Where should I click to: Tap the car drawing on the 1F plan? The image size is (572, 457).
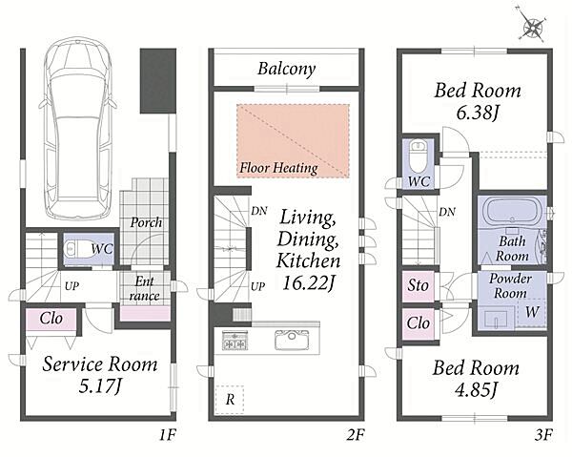pos(78,128)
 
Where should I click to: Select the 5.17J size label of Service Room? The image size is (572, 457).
pos(100,387)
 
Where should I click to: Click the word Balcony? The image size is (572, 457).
pos(286,69)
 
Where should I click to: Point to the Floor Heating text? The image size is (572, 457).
pos(278,168)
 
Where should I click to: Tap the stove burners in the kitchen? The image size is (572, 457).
pos(235,341)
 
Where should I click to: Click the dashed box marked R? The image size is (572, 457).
pos(230,400)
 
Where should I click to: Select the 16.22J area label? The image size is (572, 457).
pos(308,283)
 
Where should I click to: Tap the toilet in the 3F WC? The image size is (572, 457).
pos(419,156)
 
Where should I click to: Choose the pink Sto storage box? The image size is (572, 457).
pos(419,286)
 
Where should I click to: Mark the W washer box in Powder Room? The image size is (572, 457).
pos(532,312)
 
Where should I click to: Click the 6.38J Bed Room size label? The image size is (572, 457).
pos(478,114)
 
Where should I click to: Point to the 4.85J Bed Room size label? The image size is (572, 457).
pos(476,390)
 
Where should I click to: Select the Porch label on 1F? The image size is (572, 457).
pos(146,222)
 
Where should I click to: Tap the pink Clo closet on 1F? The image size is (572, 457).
pos(51,320)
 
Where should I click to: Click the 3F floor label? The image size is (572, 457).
pos(543,435)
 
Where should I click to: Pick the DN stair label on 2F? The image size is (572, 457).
pos(259,211)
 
